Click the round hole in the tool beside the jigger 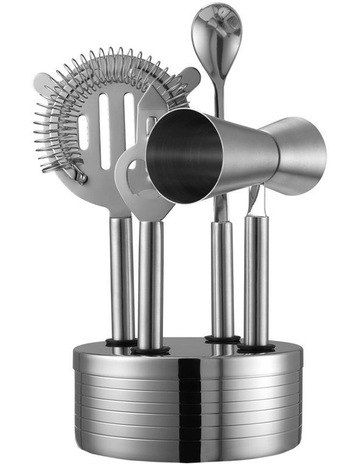tap(131, 170)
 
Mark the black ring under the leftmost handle tap(122, 343)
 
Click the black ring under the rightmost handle tap(256, 347)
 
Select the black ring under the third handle tap(222, 339)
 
